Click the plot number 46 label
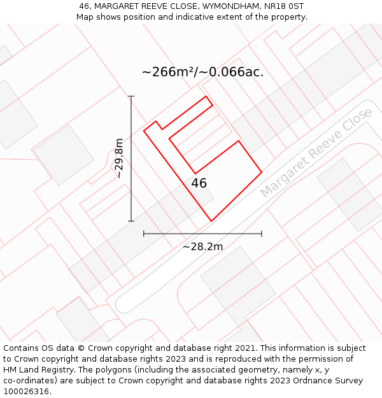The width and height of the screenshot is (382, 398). [199, 183]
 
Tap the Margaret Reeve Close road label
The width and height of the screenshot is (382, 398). [316, 153]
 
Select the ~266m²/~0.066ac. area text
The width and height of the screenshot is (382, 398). [202, 72]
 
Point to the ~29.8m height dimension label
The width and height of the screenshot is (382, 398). [119, 158]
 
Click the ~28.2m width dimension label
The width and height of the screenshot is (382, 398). [202, 246]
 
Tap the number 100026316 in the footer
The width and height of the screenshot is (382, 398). [27, 392]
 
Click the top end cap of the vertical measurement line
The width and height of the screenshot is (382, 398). [131, 96]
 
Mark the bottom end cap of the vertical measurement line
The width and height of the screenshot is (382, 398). [131, 221]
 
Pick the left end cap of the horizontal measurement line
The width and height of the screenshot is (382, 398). [144, 234]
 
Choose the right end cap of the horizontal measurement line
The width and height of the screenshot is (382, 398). [262, 234]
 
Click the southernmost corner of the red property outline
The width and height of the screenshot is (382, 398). [211, 221]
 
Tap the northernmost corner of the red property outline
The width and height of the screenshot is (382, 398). [206, 97]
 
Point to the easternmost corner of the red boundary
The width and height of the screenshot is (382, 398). [262, 172]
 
